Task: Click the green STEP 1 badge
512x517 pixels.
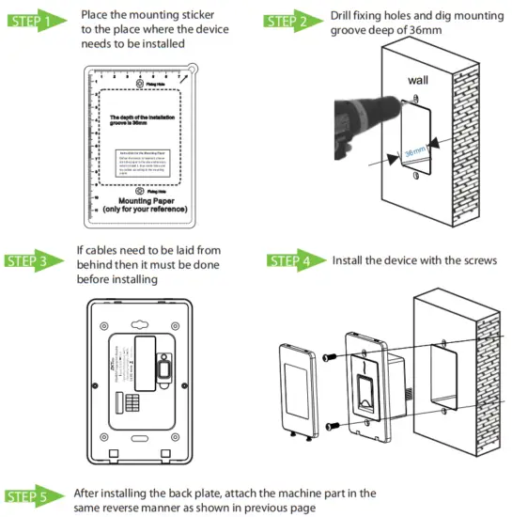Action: (x=35, y=20)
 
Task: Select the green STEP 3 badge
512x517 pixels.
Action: (x=35, y=261)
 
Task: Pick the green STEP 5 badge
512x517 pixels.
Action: (x=35, y=495)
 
